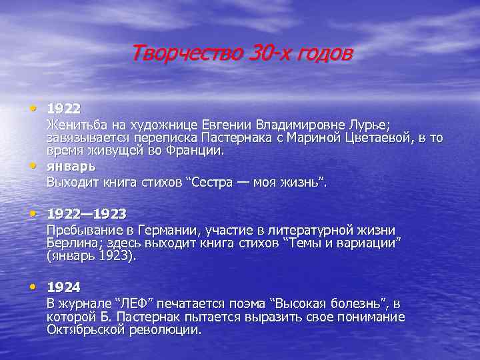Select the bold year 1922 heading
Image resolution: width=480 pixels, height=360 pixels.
63,109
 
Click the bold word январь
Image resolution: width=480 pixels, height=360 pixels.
71,165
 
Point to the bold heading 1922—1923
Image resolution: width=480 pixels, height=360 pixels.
86,214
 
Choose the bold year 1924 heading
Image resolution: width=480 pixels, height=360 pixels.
63,287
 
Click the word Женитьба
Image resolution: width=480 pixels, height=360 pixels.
73,124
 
